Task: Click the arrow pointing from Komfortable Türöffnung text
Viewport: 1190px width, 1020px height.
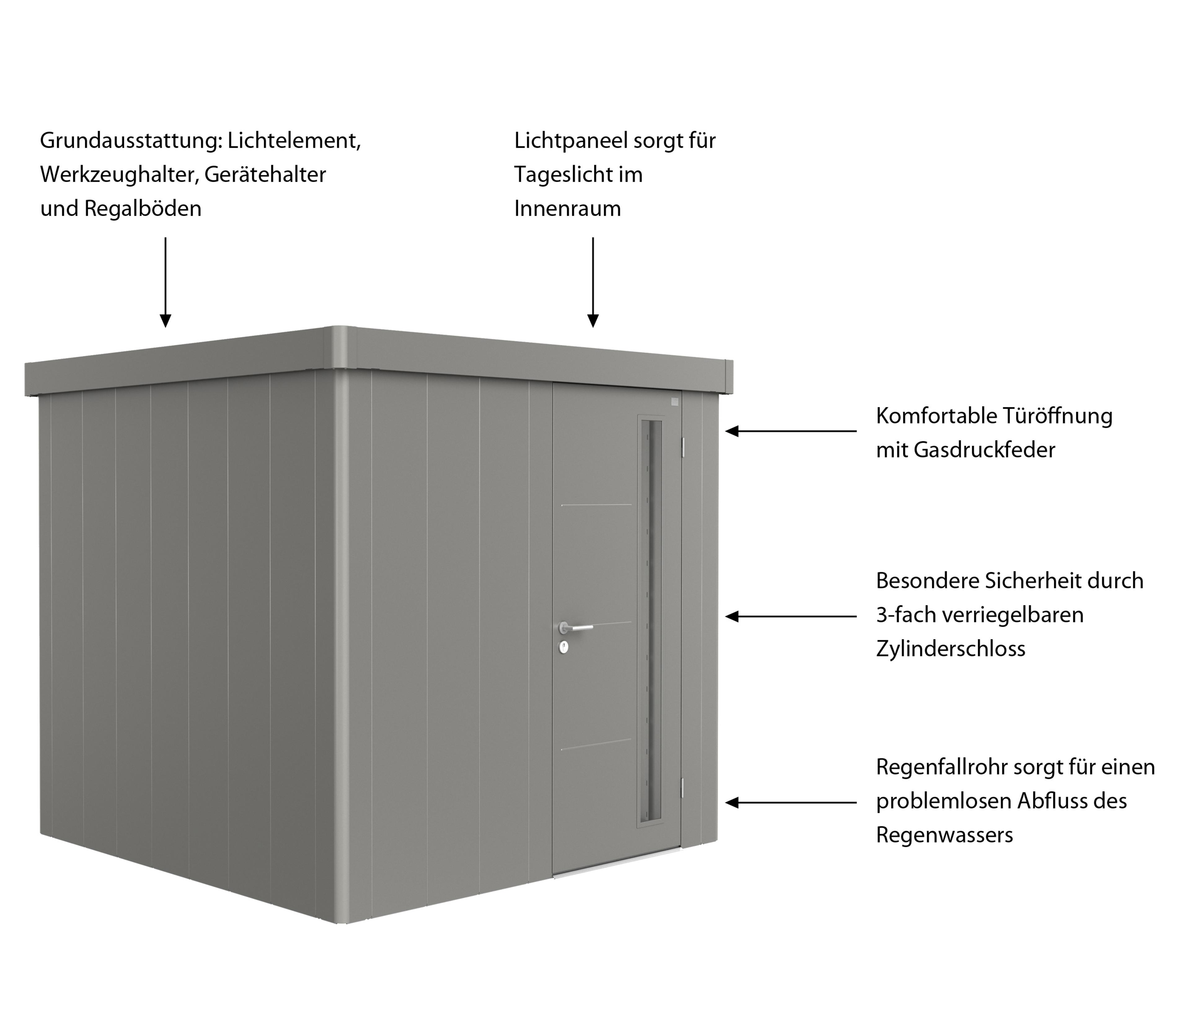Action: coord(791,431)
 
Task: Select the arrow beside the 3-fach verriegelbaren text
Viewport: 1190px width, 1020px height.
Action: coord(791,616)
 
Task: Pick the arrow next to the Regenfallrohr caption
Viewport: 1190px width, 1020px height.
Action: coord(791,802)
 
